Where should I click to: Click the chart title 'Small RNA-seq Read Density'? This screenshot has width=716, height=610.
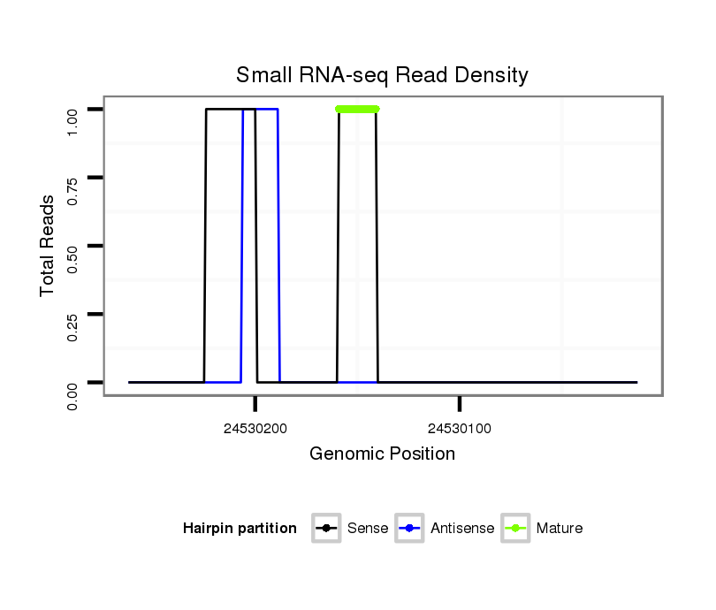pyautogui.click(x=382, y=75)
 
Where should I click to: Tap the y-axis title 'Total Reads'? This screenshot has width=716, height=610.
pyautogui.click(x=48, y=246)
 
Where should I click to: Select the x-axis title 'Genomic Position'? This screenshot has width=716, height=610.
pyautogui.click(x=382, y=454)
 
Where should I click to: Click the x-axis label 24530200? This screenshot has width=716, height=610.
pyautogui.click(x=255, y=429)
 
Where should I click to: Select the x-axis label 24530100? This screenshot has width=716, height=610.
pyautogui.click(x=460, y=429)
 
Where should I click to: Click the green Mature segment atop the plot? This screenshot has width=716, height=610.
pyautogui.click(x=357, y=109)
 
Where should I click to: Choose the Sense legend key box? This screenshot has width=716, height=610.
pyautogui.click(x=326, y=529)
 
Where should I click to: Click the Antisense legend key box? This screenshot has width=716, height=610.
pyautogui.click(x=410, y=529)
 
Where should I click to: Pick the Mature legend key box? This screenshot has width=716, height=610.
pyautogui.click(x=515, y=529)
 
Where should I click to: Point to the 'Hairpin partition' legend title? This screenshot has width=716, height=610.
pyautogui.click(x=240, y=529)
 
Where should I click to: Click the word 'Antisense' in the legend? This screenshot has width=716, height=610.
pyautogui.click(x=462, y=529)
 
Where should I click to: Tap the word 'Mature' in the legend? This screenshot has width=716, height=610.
pyautogui.click(x=560, y=529)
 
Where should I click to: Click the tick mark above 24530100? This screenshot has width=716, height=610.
pyautogui.click(x=460, y=404)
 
